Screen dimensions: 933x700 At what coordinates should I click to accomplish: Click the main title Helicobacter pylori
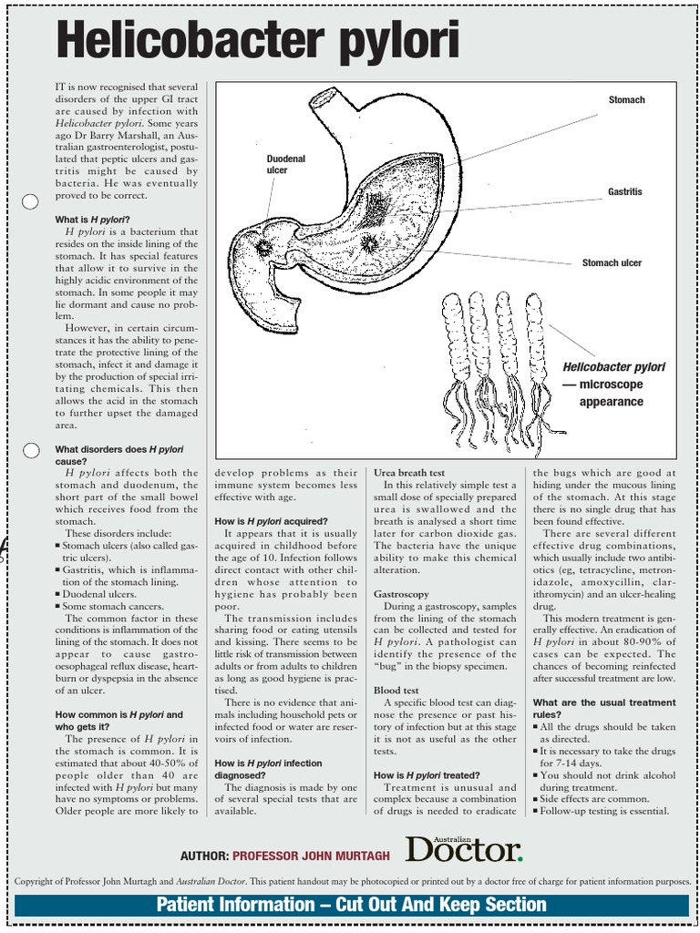click(x=258, y=42)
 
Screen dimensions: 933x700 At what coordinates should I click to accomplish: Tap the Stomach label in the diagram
click(x=626, y=100)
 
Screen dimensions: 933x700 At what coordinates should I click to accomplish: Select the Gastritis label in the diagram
click(x=625, y=192)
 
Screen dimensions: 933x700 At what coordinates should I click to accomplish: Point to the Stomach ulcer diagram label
click(x=612, y=263)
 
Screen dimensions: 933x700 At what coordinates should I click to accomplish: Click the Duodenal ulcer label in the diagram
click(x=285, y=164)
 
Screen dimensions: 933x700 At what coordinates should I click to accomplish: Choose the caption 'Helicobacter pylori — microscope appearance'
click(x=612, y=384)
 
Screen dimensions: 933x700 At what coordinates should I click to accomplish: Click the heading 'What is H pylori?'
click(x=92, y=220)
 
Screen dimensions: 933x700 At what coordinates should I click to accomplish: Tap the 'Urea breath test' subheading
click(x=409, y=473)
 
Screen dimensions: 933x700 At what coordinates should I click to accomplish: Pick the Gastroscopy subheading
click(x=401, y=594)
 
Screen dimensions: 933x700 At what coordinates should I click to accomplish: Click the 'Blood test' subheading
click(x=396, y=691)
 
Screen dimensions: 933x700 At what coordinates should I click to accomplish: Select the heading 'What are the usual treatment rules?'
click(x=603, y=708)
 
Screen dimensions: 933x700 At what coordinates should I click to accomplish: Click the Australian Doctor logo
click(x=464, y=848)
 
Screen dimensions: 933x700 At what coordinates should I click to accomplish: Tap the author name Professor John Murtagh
click(x=311, y=856)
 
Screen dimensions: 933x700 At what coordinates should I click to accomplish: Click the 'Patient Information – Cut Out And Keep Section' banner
click(x=351, y=905)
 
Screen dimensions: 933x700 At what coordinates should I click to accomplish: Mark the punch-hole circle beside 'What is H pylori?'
click(x=29, y=201)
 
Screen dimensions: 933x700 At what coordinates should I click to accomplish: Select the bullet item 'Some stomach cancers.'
click(x=112, y=606)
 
